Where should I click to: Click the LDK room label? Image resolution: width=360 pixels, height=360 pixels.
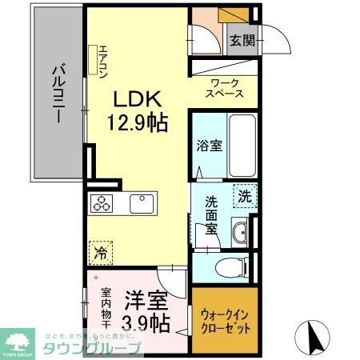[x=137, y=99]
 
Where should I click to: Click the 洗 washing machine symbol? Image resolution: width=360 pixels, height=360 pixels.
[x=243, y=194]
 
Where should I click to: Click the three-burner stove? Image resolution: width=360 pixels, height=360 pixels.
[x=102, y=204]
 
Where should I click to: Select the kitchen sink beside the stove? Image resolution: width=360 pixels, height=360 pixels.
[x=142, y=204]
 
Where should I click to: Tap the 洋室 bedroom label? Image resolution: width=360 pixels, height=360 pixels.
[x=145, y=302]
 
